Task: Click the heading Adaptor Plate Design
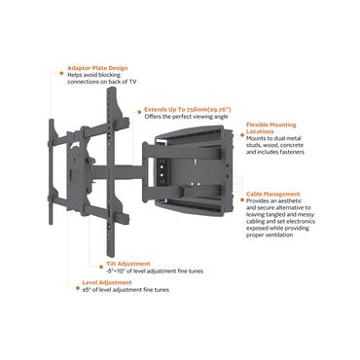(x=97, y=68)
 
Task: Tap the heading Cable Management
(x=273, y=194)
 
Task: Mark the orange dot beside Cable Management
(x=241, y=194)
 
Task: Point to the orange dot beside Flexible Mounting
(x=241, y=125)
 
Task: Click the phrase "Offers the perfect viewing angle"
(x=185, y=118)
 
